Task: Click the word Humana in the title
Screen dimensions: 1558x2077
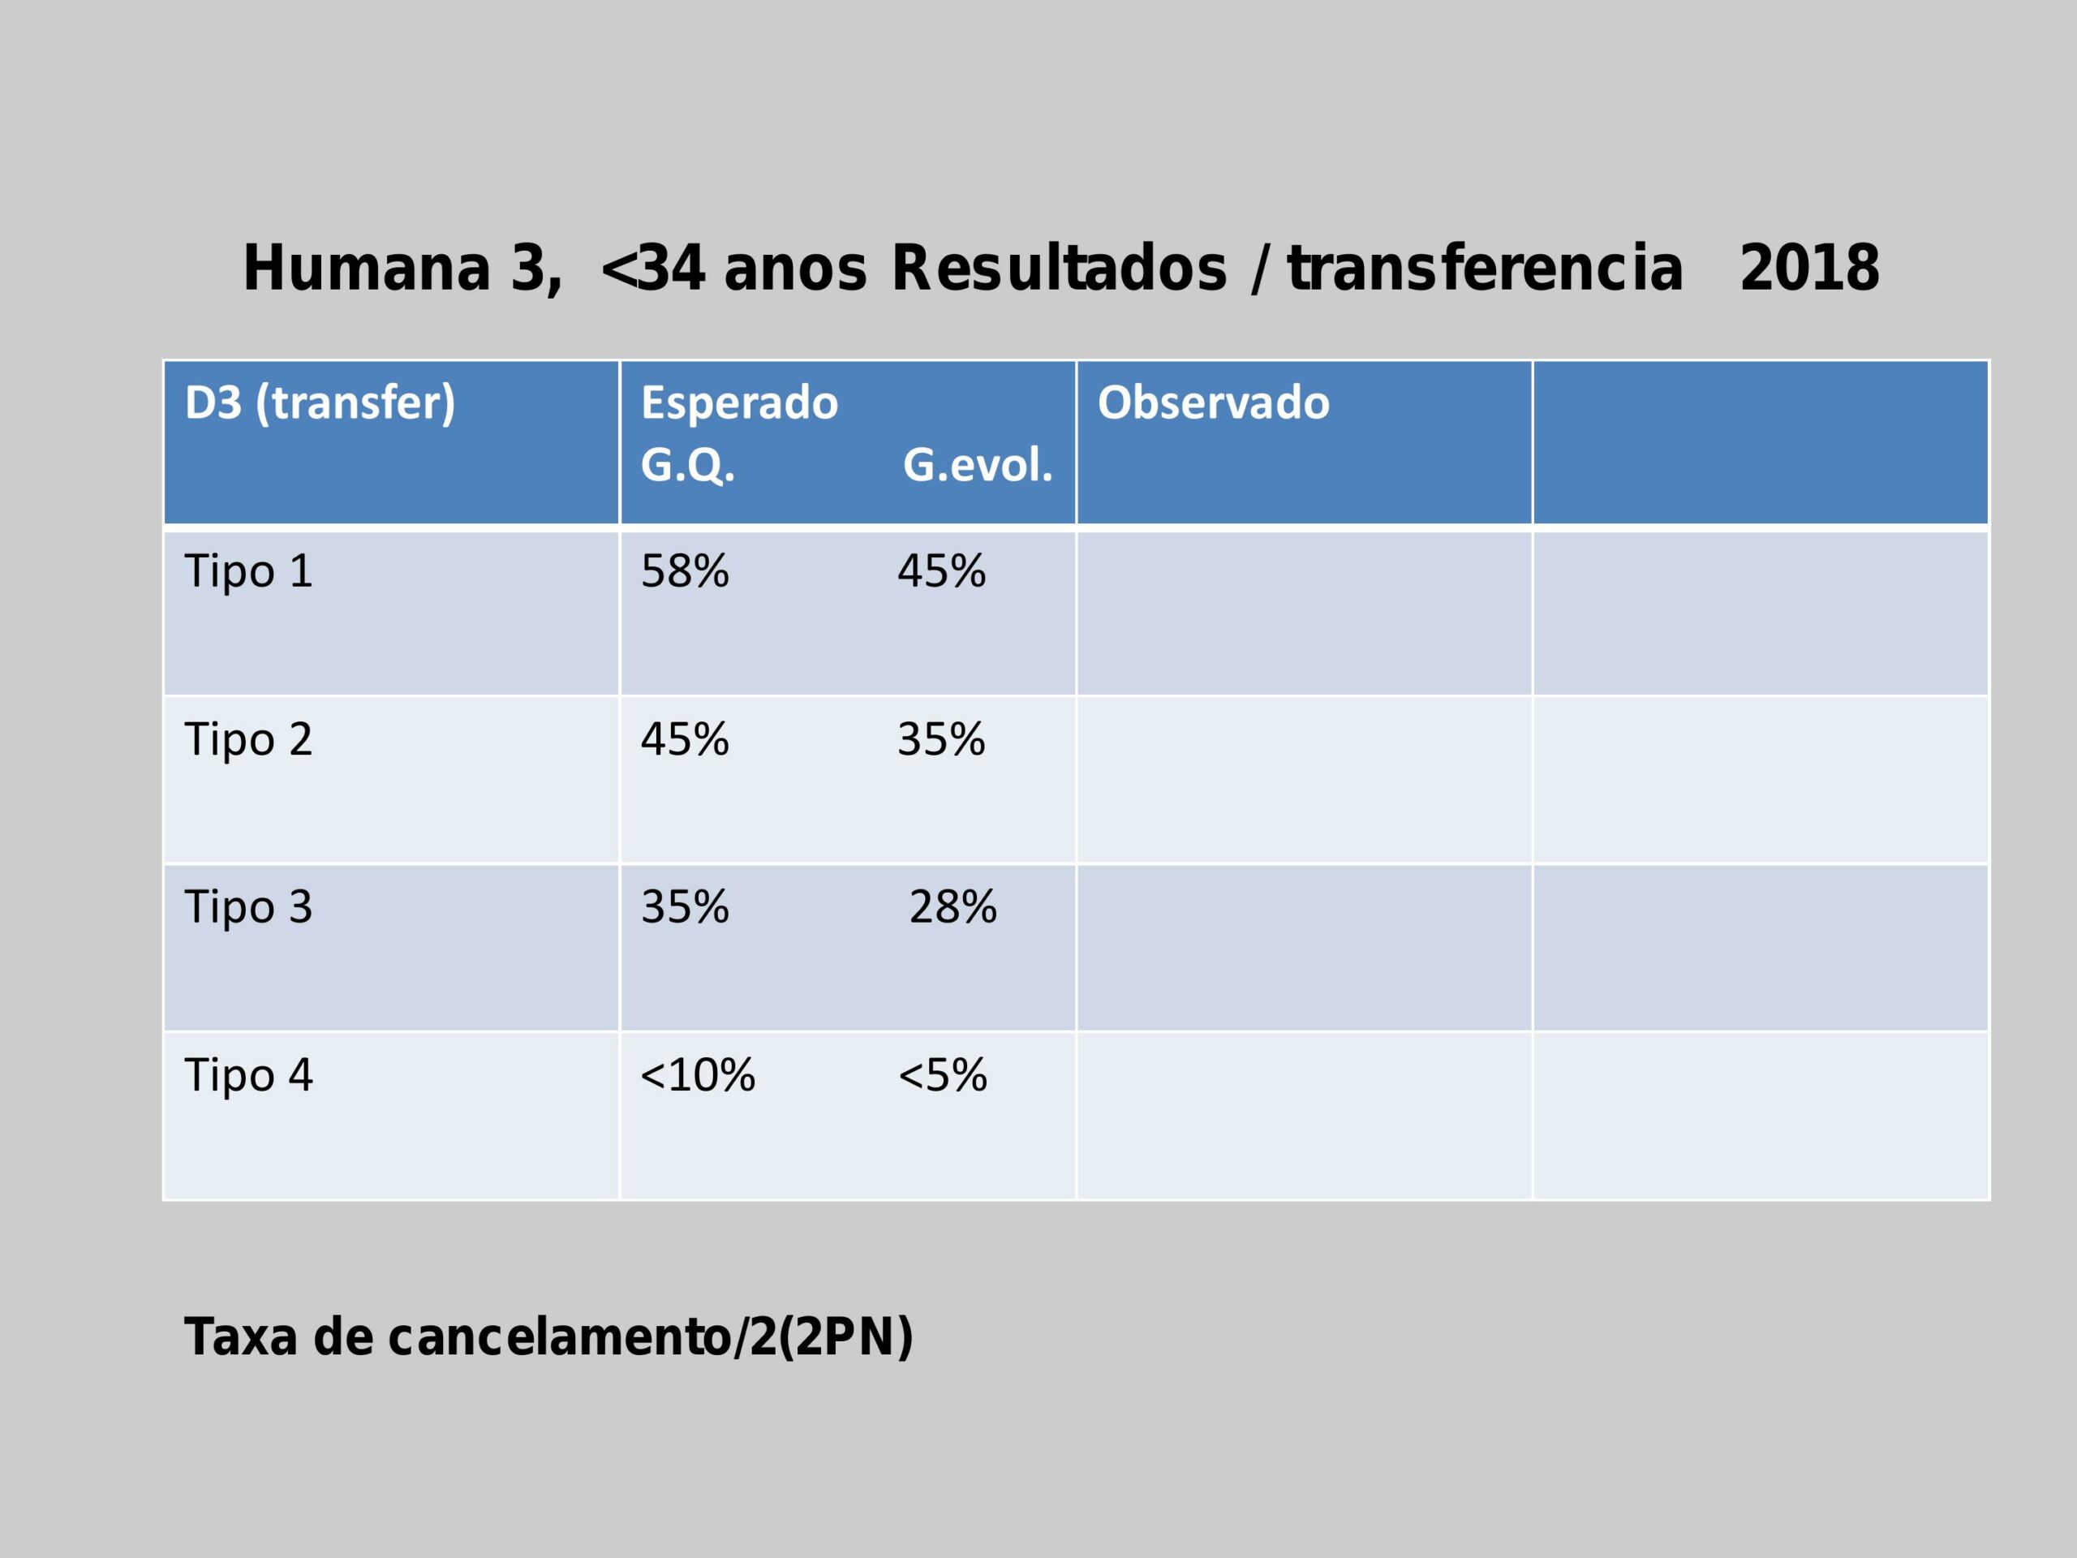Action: coord(366,269)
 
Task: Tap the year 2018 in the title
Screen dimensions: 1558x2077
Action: coord(1808,269)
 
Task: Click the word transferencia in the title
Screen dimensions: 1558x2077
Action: coord(1485,269)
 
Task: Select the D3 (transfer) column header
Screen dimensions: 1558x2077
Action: coord(319,402)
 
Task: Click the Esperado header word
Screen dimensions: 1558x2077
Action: coord(739,402)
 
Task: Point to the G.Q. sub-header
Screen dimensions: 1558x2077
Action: coord(686,465)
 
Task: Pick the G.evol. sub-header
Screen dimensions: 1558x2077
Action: coord(978,465)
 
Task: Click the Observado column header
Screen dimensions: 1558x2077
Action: coord(1213,402)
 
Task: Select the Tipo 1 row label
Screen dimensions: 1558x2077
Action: coord(248,571)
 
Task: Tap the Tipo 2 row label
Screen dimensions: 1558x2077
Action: coord(248,739)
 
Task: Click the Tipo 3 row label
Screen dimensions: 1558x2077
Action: coord(248,907)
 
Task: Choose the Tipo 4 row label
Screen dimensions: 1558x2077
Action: coord(248,1075)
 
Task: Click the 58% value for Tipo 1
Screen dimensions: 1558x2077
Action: coord(685,571)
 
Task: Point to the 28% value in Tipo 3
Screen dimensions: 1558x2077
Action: coord(952,907)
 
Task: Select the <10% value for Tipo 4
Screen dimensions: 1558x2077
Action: coord(697,1075)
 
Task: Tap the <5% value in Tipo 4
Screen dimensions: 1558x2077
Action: coord(942,1075)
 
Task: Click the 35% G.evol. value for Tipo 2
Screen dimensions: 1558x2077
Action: coord(941,739)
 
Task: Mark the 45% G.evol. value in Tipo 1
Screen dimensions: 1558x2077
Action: coord(941,571)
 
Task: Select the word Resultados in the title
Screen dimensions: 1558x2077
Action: coord(1058,269)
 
